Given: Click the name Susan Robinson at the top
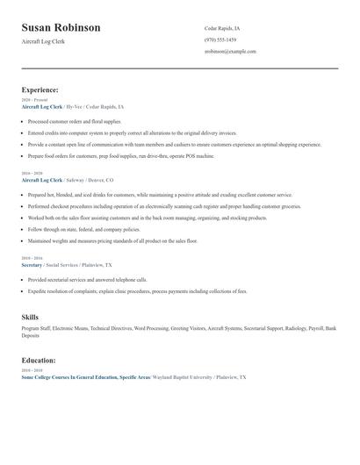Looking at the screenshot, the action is pyautogui.click(x=61, y=27).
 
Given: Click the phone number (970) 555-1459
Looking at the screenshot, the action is pyautogui.click(x=220, y=39).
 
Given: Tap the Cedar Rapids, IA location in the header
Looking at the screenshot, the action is pyautogui.click(x=221, y=28).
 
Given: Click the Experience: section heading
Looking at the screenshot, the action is pyautogui.click(x=40, y=89).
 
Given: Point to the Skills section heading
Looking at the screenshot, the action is pyautogui.click(x=30, y=316).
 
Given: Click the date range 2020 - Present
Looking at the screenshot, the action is pyautogui.click(x=34, y=100).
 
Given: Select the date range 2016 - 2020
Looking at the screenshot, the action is pyautogui.click(x=32, y=174).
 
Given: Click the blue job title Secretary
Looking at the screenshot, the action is pyautogui.click(x=32, y=263).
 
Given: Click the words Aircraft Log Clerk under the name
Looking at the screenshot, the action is pyautogui.click(x=45, y=42).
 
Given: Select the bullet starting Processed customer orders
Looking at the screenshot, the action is pyautogui.click(x=75, y=121).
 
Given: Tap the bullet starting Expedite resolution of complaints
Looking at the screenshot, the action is pyautogui.click(x=137, y=290).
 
